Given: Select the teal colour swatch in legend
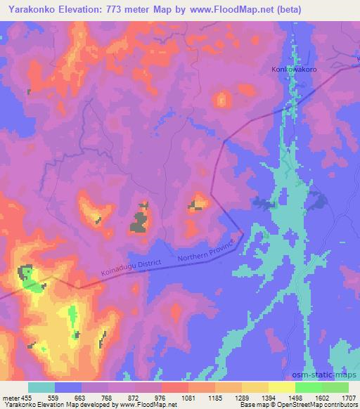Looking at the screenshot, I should (41, 387).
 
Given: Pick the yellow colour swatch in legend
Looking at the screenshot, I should (282, 387).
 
